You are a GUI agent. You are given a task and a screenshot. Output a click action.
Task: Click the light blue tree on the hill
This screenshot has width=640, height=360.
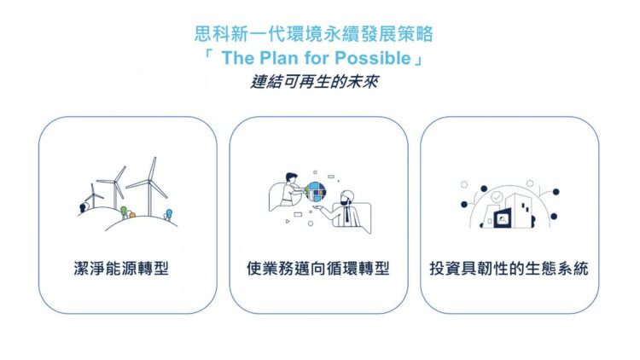click(168, 212)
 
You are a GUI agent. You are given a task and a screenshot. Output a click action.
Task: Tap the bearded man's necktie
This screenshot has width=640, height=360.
click(347, 216)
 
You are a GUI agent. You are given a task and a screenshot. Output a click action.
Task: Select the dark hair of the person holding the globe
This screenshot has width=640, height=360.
click(290, 177)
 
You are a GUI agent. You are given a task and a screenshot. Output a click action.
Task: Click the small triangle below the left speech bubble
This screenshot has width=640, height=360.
click(288, 220)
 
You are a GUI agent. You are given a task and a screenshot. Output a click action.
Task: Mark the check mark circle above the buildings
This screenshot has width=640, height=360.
click(497, 196)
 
